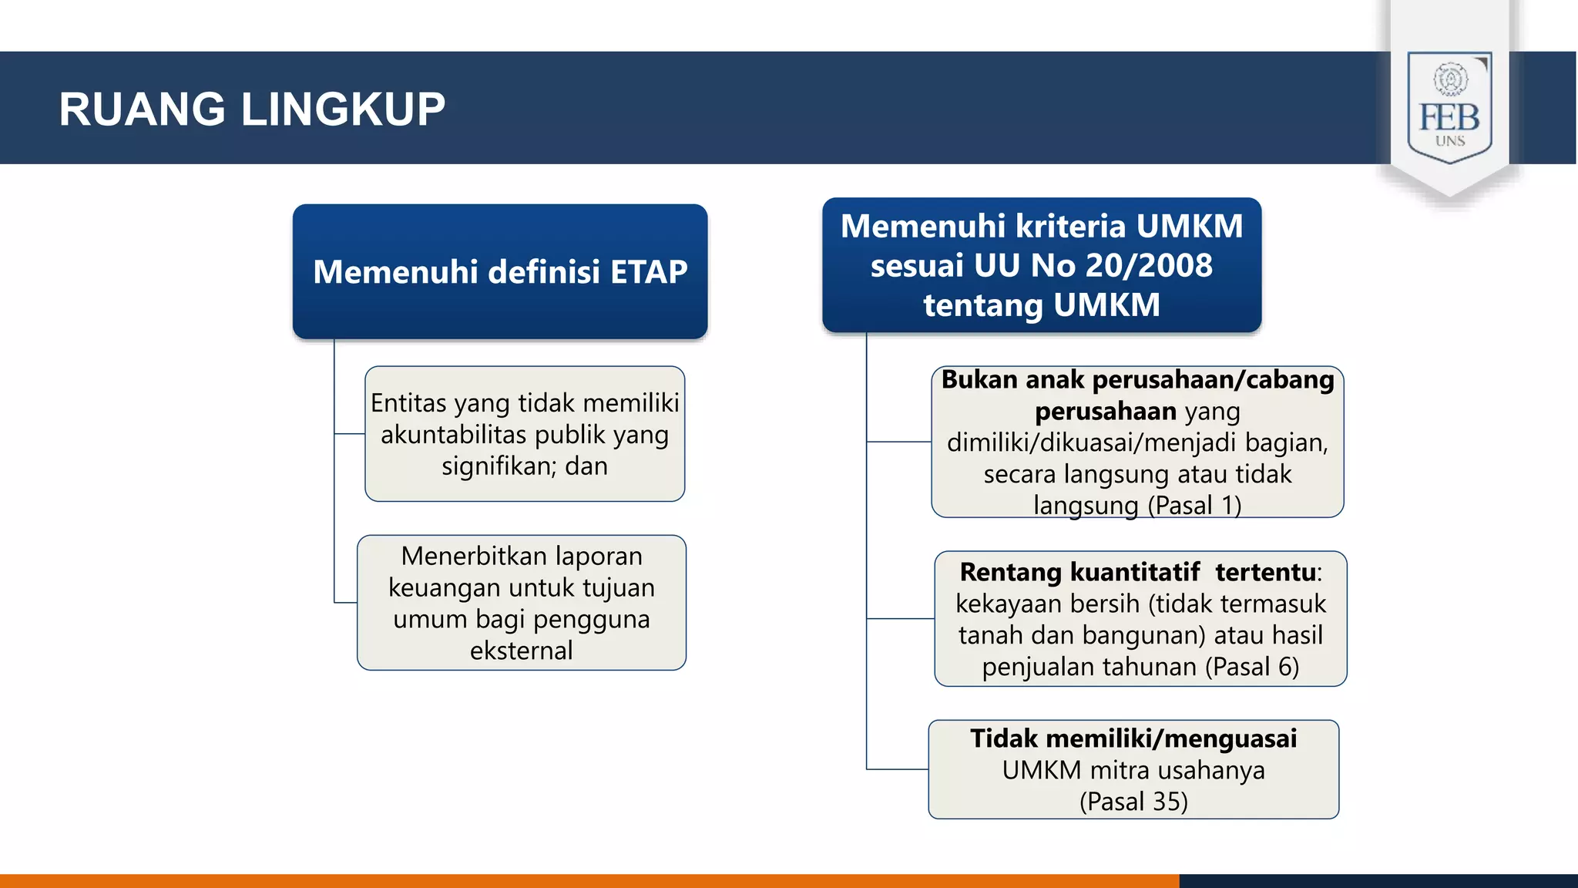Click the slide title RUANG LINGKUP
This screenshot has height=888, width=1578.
click(x=252, y=109)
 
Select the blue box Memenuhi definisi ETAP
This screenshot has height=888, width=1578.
click(x=500, y=271)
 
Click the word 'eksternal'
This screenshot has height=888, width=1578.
click(x=522, y=651)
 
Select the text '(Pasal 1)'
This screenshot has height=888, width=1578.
click(x=1194, y=506)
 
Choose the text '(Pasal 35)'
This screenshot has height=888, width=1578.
click(x=1133, y=802)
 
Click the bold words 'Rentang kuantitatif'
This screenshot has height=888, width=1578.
click(x=1079, y=572)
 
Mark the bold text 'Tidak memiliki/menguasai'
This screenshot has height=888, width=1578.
click(x=1133, y=738)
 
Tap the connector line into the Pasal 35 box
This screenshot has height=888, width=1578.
click(x=898, y=769)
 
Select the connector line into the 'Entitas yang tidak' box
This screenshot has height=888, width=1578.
click(x=350, y=434)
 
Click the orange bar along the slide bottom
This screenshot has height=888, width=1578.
click(x=586, y=880)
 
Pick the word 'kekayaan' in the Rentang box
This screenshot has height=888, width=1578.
click(x=1006, y=604)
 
